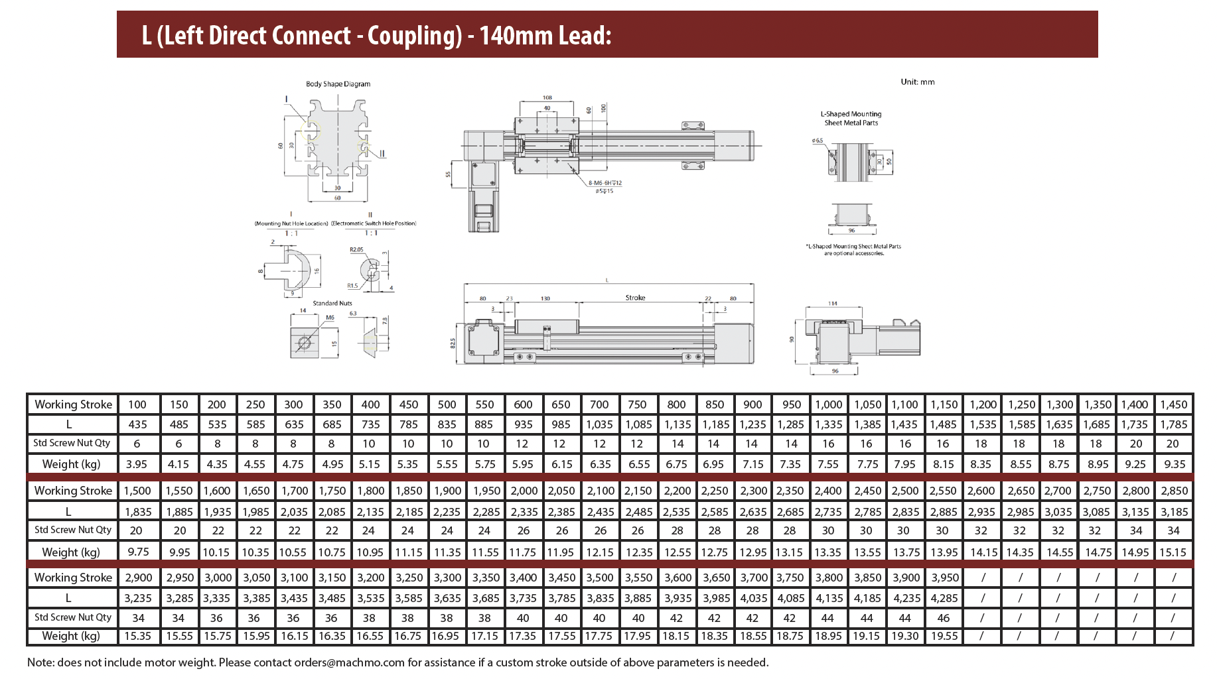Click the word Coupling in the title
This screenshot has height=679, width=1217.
click(414, 35)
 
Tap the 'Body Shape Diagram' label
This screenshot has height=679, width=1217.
click(338, 84)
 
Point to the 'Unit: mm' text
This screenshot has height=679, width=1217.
click(917, 82)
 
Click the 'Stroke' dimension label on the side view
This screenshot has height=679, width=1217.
click(635, 298)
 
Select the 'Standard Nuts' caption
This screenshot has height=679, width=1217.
click(332, 303)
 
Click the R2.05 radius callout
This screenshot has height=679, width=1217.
click(356, 250)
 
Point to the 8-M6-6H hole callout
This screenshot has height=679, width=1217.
click(605, 183)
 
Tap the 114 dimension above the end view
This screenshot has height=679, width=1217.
click(833, 304)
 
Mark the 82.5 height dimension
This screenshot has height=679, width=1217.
click(453, 343)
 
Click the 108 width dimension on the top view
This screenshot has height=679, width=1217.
click(547, 98)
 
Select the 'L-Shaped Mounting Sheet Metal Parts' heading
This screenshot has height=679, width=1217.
click(851, 118)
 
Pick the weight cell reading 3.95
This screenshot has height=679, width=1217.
click(137, 464)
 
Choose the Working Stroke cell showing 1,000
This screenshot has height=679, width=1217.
click(828, 404)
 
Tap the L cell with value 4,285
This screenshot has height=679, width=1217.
click(944, 598)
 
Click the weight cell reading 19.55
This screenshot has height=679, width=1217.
click(944, 636)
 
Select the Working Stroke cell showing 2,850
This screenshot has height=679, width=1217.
click(1173, 491)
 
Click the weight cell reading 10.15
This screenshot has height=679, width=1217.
click(216, 552)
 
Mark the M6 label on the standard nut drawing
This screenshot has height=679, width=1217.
click(330, 318)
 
